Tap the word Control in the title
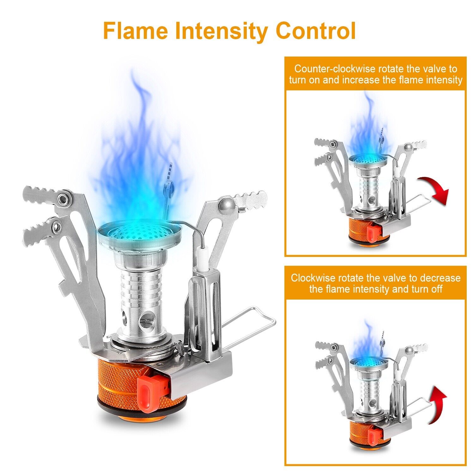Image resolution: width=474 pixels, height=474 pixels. point(315,31)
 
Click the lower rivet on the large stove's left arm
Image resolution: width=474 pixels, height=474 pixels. point(56,226)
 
